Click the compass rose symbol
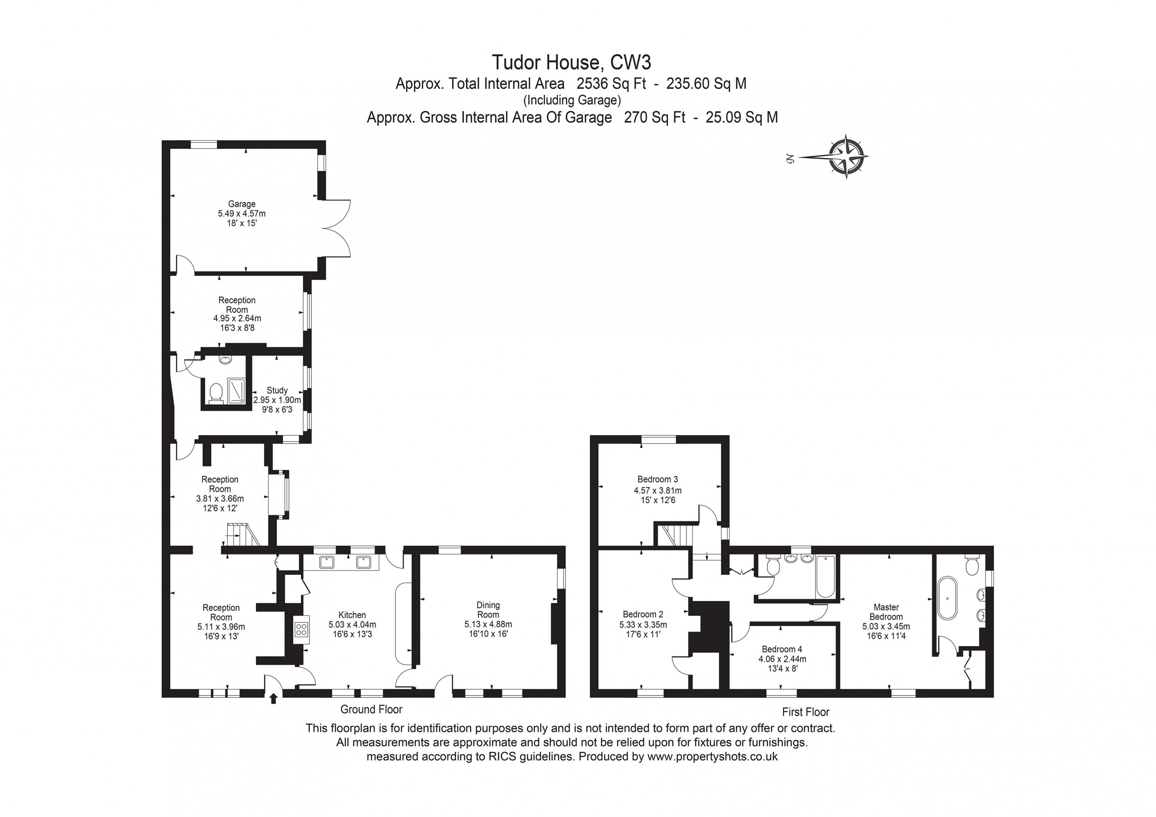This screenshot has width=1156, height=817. click(846, 157)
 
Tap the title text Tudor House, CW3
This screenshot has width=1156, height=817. click(571, 62)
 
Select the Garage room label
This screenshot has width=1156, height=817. click(242, 204)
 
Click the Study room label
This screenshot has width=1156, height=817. click(277, 390)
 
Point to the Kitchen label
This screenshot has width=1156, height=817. click(352, 615)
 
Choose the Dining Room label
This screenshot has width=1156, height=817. click(488, 610)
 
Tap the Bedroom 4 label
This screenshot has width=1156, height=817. click(782, 649)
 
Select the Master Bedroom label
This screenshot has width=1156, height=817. click(886, 612)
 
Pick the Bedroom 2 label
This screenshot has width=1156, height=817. click(643, 614)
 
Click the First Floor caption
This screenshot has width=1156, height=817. click(806, 712)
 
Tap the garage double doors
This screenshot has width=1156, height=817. click(336, 229)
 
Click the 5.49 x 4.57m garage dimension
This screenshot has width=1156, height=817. click(242, 213)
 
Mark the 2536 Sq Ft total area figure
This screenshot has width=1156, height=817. click(611, 84)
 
